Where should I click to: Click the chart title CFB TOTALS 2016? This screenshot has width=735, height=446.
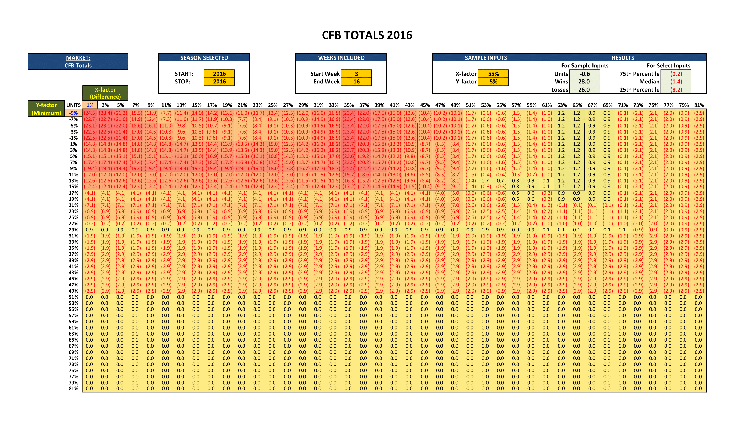(x=367, y=35)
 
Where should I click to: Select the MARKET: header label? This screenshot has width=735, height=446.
(x=78, y=58)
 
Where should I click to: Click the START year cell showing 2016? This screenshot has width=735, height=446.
(x=219, y=74)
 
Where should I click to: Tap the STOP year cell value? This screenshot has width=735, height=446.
(x=219, y=82)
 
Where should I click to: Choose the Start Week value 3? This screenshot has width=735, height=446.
(x=356, y=74)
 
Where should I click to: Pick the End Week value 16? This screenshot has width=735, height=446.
(x=356, y=82)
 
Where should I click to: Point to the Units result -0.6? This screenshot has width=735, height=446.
(x=584, y=74)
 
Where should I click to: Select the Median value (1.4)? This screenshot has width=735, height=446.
(x=676, y=82)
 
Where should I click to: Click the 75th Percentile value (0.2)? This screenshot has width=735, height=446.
(x=676, y=74)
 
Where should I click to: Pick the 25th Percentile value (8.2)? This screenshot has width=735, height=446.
(x=676, y=90)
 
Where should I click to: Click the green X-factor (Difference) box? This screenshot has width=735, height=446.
(x=105, y=93)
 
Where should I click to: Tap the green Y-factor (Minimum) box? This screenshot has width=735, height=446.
(x=46, y=109)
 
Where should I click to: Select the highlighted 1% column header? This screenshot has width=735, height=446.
(x=90, y=105)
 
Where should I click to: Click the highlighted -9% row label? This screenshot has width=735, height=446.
(x=73, y=113)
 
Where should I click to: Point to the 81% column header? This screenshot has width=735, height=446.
(x=699, y=105)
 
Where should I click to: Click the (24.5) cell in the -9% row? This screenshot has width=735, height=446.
(x=90, y=113)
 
